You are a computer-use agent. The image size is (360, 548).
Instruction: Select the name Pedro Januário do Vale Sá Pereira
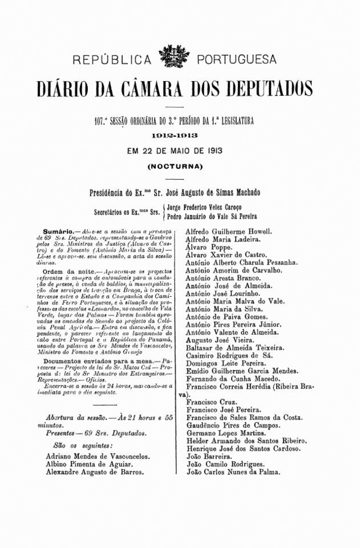point(212,217)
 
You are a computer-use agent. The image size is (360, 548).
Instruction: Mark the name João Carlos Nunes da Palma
point(233,472)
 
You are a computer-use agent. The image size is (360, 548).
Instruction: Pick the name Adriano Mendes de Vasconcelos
point(98,456)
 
